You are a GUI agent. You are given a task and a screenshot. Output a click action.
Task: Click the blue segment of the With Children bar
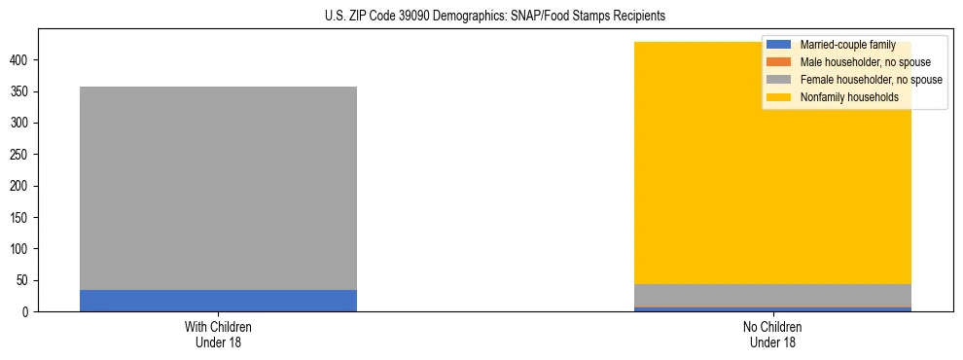[x=218, y=301]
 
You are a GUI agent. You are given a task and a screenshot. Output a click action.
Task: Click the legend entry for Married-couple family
[x=847, y=45]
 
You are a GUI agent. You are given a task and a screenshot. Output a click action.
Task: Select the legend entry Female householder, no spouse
[x=871, y=80]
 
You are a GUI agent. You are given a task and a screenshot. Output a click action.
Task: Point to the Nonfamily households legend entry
[x=849, y=97]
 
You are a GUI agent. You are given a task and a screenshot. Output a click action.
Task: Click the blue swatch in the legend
[x=779, y=45]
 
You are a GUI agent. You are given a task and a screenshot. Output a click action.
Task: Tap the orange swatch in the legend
[x=779, y=62]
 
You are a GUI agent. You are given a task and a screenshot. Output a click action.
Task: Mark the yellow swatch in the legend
[x=779, y=97]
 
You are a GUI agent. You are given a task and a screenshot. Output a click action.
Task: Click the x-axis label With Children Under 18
[x=218, y=334]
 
